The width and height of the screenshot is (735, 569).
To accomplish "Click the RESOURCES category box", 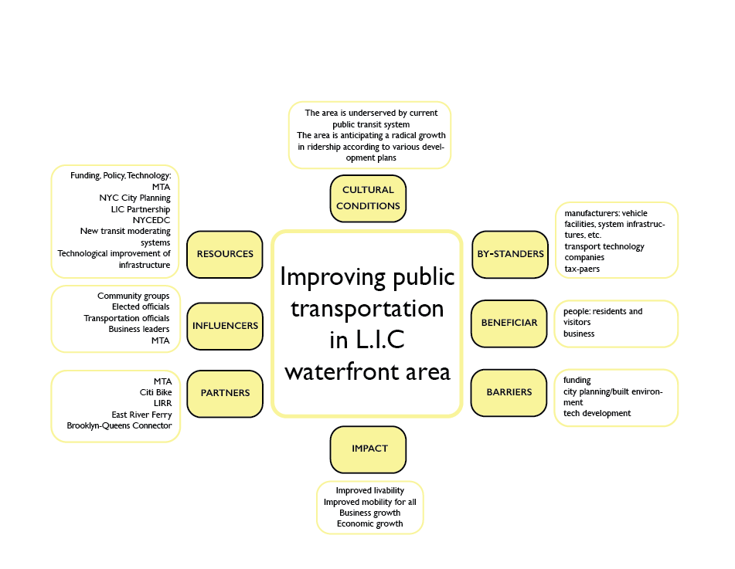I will (x=225, y=254).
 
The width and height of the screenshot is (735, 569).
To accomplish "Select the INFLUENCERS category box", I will (x=225, y=326).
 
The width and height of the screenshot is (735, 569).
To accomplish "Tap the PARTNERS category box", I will (x=225, y=393).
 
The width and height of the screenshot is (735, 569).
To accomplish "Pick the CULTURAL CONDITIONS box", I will (x=368, y=198).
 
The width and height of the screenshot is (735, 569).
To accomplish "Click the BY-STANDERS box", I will (x=510, y=254).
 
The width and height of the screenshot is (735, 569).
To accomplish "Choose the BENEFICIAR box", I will (x=509, y=323).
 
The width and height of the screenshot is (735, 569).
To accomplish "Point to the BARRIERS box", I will (x=509, y=392).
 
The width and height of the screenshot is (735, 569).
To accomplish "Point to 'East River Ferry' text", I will (x=141, y=415).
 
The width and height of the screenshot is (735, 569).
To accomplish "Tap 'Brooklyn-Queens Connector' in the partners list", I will (x=119, y=425).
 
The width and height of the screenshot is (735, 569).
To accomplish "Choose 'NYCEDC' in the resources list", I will (x=151, y=220).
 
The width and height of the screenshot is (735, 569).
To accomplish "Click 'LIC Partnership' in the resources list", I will (x=141, y=209).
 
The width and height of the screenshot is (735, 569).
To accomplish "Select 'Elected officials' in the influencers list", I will (x=141, y=307).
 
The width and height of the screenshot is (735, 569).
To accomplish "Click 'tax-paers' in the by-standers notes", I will (x=582, y=269).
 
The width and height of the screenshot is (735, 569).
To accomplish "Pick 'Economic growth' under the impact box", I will (x=369, y=523).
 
